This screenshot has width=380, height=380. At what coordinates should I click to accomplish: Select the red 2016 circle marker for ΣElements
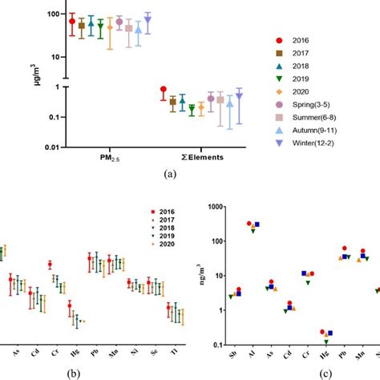[x=164, y=90]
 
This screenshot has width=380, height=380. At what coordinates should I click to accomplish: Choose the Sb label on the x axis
[x=233, y=351]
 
